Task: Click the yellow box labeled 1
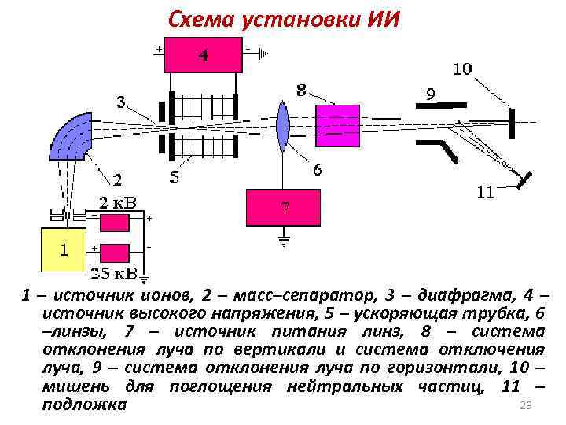[64, 250]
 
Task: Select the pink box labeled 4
[203, 55]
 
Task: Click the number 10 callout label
[461, 69]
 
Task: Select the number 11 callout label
[486, 191]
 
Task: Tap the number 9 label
[430, 94]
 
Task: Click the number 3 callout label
[121, 101]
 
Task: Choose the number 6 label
[317, 169]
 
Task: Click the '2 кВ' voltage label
[116, 202]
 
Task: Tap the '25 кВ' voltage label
[113, 273]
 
